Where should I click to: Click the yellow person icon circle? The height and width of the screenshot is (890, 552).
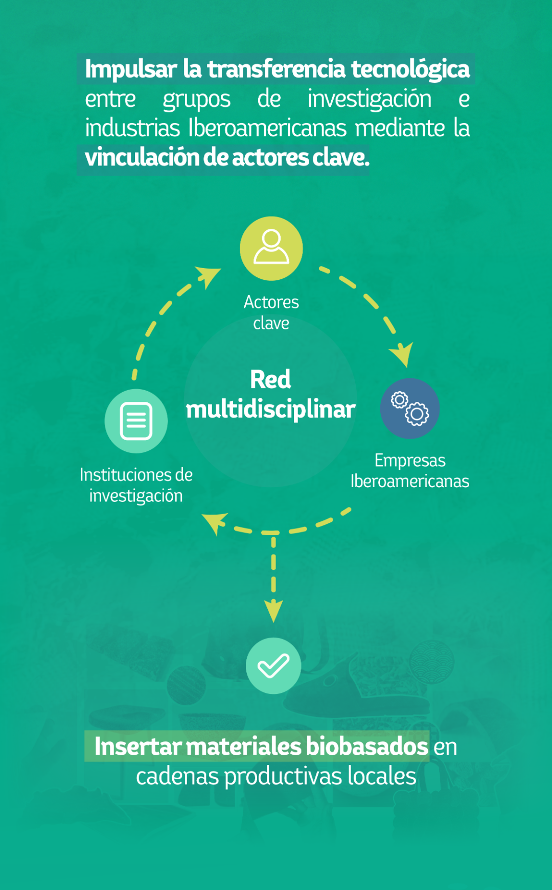[x=271, y=248]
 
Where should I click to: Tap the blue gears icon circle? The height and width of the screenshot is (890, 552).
[x=410, y=408]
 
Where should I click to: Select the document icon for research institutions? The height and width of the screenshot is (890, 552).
[x=136, y=421]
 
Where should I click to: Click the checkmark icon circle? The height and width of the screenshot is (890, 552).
[x=273, y=666]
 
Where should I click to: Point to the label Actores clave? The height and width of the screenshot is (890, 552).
[x=271, y=312]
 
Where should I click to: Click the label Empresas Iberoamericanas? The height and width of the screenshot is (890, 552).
[x=410, y=471]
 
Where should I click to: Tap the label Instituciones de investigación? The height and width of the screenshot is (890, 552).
[x=136, y=485]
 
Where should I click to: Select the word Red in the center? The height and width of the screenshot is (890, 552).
[x=270, y=379]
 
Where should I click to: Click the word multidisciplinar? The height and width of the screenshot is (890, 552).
[x=270, y=410]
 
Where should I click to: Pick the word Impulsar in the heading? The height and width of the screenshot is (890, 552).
[x=131, y=69]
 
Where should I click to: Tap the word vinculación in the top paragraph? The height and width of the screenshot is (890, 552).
[x=143, y=157]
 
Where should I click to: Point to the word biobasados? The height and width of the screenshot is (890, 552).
[x=367, y=747]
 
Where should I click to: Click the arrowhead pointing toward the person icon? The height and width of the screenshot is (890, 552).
[x=209, y=276]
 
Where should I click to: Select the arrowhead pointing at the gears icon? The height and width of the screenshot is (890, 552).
[x=402, y=354]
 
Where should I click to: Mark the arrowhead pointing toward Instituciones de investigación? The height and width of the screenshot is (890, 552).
[x=215, y=522]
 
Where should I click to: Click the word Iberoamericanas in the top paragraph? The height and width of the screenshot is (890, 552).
[x=268, y=128]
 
